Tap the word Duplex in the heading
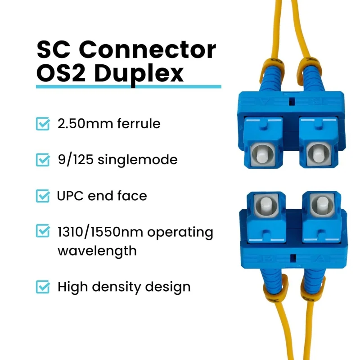tap(139, 73)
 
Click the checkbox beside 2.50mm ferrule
tap(43, 124)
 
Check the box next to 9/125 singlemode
tap(43, 160)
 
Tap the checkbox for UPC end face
tap(43, 196)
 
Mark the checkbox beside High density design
tap(43, 287)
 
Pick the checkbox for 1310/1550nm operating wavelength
tap(43, 232)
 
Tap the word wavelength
tap(97, 250)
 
